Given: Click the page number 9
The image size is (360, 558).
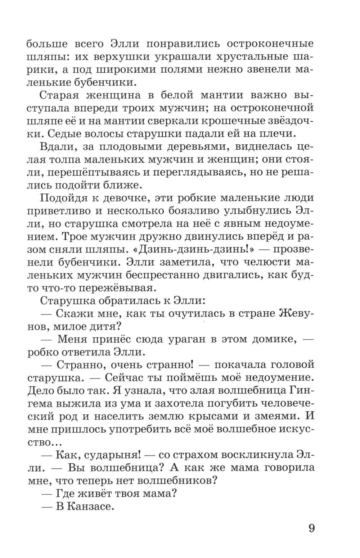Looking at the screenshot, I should tap(312, 528).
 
